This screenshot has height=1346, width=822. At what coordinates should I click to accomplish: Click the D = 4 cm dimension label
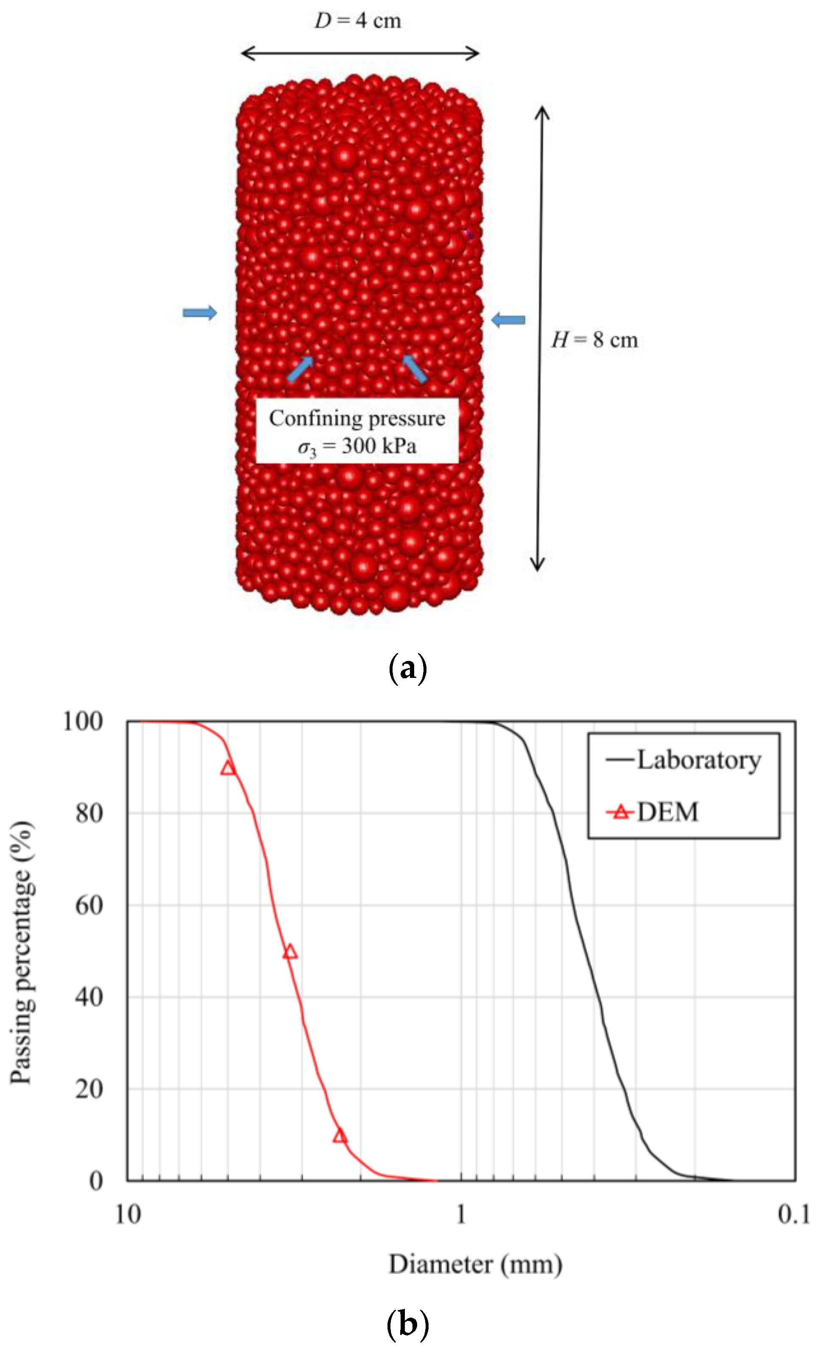357,21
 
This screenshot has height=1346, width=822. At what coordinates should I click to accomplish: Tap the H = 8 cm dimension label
594,340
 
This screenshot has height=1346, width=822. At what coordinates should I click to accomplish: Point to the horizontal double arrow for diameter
359,53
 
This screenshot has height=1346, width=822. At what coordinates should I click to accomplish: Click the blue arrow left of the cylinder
200,313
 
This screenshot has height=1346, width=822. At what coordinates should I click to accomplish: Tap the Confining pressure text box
357,432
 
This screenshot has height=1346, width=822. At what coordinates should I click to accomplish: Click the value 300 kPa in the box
379,446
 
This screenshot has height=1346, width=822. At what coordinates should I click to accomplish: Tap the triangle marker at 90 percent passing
228,768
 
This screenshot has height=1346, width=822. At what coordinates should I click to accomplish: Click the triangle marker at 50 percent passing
290,952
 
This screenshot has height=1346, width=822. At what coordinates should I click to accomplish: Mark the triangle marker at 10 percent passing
340,1136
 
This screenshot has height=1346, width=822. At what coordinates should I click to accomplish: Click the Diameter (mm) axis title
475,1264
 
